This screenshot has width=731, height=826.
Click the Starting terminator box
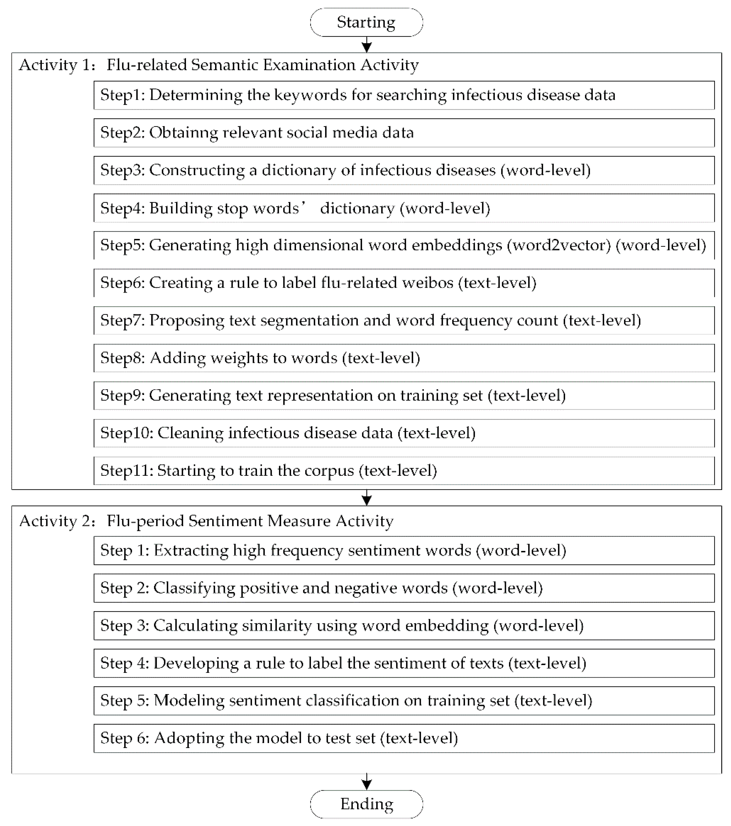[366, 22]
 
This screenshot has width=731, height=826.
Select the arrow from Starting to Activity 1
[366, 44]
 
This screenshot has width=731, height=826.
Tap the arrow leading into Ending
[366, 782]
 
